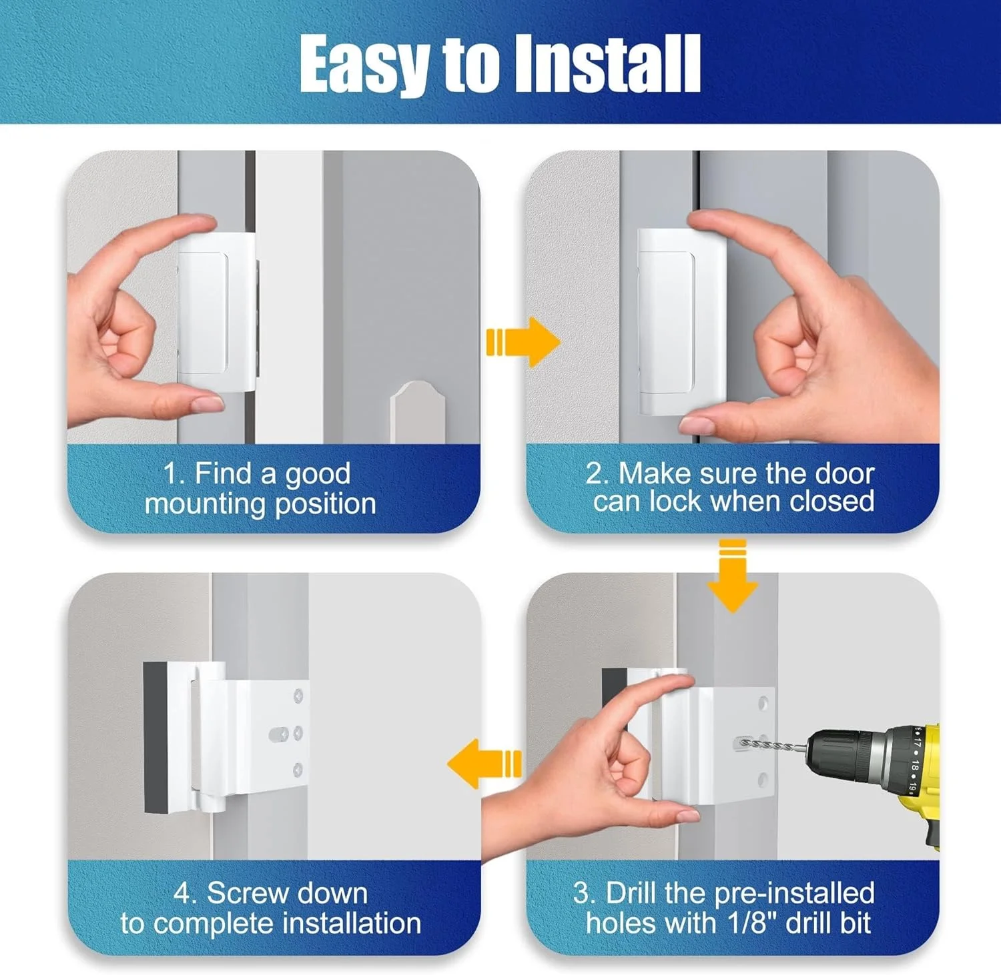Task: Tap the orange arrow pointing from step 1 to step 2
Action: (523, 342)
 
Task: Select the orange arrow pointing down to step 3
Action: (733, 576)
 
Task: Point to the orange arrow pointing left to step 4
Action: (484, 764)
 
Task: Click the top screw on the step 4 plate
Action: (298, 696)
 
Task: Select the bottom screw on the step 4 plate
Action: (298, 771)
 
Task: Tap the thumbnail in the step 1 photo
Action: (206, 403)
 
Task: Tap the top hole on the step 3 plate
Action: (763, 703)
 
